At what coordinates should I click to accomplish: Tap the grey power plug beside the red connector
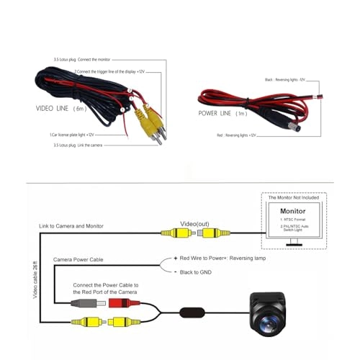80,302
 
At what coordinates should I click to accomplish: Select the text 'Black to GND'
198,273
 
